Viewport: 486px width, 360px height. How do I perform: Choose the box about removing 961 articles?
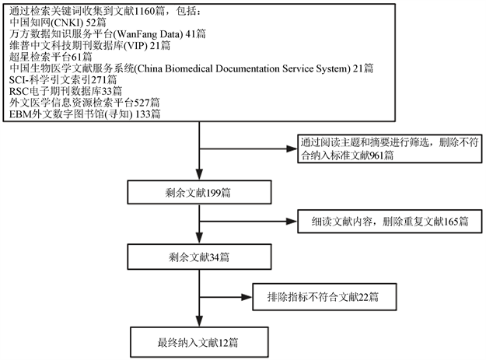(386, 150)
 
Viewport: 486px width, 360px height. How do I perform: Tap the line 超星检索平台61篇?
(51, 58)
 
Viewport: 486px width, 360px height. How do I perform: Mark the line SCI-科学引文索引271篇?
(63, 80)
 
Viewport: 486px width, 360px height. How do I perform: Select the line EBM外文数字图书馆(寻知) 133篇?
(86, 114)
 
